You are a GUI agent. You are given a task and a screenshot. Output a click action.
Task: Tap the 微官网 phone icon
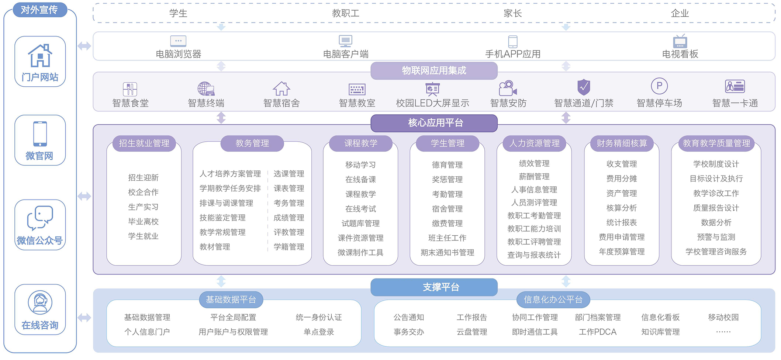click(40, 134)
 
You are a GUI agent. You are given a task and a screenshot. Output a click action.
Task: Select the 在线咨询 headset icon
click(40, 302)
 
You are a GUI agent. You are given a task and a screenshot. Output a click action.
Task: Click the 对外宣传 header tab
click(40, 10)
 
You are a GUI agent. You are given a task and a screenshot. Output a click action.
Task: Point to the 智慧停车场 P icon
click(659, 86)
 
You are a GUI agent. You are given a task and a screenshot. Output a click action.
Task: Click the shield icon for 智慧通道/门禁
click(584, 87)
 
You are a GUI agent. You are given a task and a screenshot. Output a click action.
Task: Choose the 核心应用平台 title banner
click(434, 123)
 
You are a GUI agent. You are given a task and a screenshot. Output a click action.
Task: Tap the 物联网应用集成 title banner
click(434, 70)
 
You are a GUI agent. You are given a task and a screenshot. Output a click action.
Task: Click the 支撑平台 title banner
click(434, 287)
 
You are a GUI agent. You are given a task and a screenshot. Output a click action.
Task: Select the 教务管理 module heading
click(252, 143)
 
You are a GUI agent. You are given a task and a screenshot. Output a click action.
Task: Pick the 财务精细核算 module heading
click(622, 143)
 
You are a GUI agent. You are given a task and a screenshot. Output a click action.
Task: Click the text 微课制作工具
click(360, 253)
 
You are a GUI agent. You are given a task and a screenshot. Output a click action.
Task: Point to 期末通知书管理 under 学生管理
click(447, 253)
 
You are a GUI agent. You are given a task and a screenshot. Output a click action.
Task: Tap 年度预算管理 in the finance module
click(622, 252)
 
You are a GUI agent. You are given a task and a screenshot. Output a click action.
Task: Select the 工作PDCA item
click(598, 332)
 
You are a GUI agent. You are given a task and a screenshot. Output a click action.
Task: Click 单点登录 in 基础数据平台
click(319, 332)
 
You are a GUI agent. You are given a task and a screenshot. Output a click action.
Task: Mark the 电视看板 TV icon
click(680, 41)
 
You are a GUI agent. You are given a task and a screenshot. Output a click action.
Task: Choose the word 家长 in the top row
click(513, 13)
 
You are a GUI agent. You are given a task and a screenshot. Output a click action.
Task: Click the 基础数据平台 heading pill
click(231, 300)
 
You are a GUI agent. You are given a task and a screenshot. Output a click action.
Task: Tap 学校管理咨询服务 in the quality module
click(716, 252)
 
